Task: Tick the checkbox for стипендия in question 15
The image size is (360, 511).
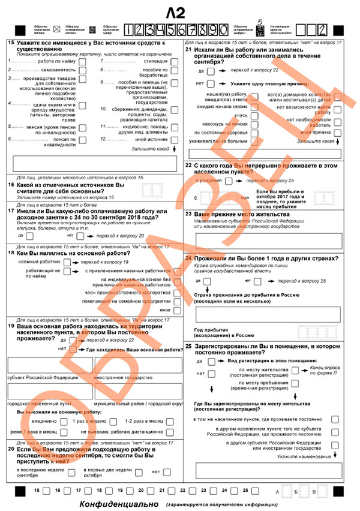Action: (173, 61)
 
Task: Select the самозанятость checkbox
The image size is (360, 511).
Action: (82, 70)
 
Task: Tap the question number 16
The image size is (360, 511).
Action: (12, 185)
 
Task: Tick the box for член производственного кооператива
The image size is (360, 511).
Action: (178, 291)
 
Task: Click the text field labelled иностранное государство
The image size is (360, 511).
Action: (136, 365)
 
